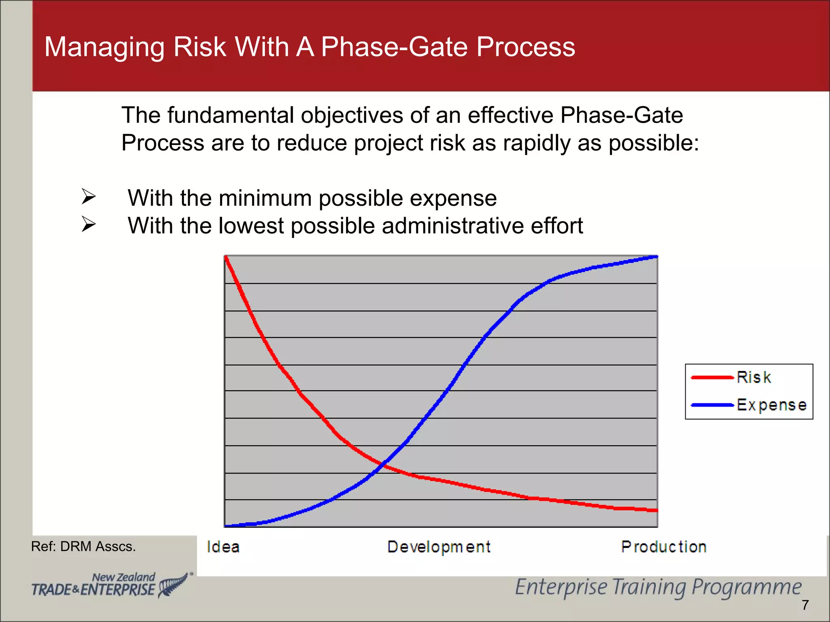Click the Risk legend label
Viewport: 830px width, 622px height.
click(x=753, y=377)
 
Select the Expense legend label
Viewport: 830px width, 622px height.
click(x=771, y=405)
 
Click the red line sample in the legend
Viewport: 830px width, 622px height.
click(x=712, y=377)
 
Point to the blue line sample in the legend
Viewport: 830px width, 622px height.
click(x=712, y=405)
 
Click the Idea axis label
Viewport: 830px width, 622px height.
click(x=223, y=547)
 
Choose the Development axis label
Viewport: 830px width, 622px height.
click(x=439, y=547)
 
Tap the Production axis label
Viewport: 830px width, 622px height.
click(x=664, y=547)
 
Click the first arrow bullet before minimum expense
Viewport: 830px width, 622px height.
click(x=88, y=197)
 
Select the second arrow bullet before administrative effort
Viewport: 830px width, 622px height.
click(x=88, y=224)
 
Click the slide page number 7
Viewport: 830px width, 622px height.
click(x=805, y=605)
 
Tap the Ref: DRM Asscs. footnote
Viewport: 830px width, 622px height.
click(x=83, y=547)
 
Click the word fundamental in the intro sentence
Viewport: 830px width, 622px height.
click(x=230, y=115)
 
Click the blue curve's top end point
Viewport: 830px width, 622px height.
click(x=657, y=257)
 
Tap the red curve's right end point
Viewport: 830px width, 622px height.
click(x=656, y=511)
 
